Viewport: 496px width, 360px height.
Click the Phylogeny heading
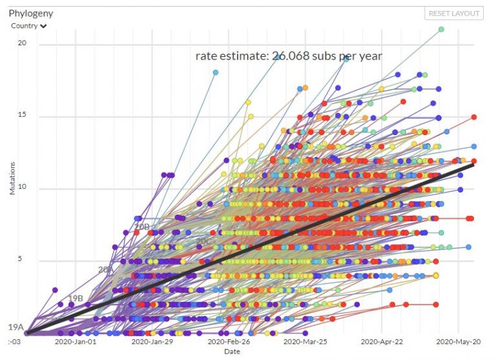pos(30,12)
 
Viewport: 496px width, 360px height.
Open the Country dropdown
pos(29,26)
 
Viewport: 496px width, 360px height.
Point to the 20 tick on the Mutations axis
pos(22,44)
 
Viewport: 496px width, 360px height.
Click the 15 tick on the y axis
pos(22,116)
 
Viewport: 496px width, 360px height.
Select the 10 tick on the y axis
pos(22,189)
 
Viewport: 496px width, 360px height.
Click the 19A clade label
pos(15,328)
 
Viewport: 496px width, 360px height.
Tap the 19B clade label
pos(76,298)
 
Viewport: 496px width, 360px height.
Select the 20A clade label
pos(105,270)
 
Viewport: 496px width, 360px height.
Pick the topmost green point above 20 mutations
pos(441,29)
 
